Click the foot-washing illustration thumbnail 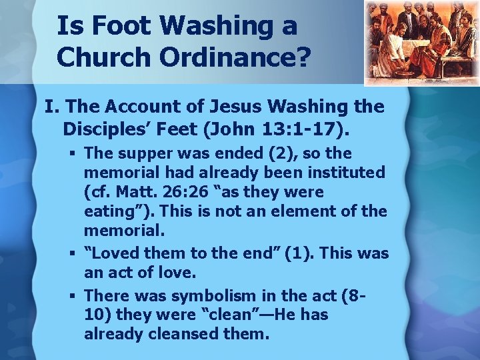421,43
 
